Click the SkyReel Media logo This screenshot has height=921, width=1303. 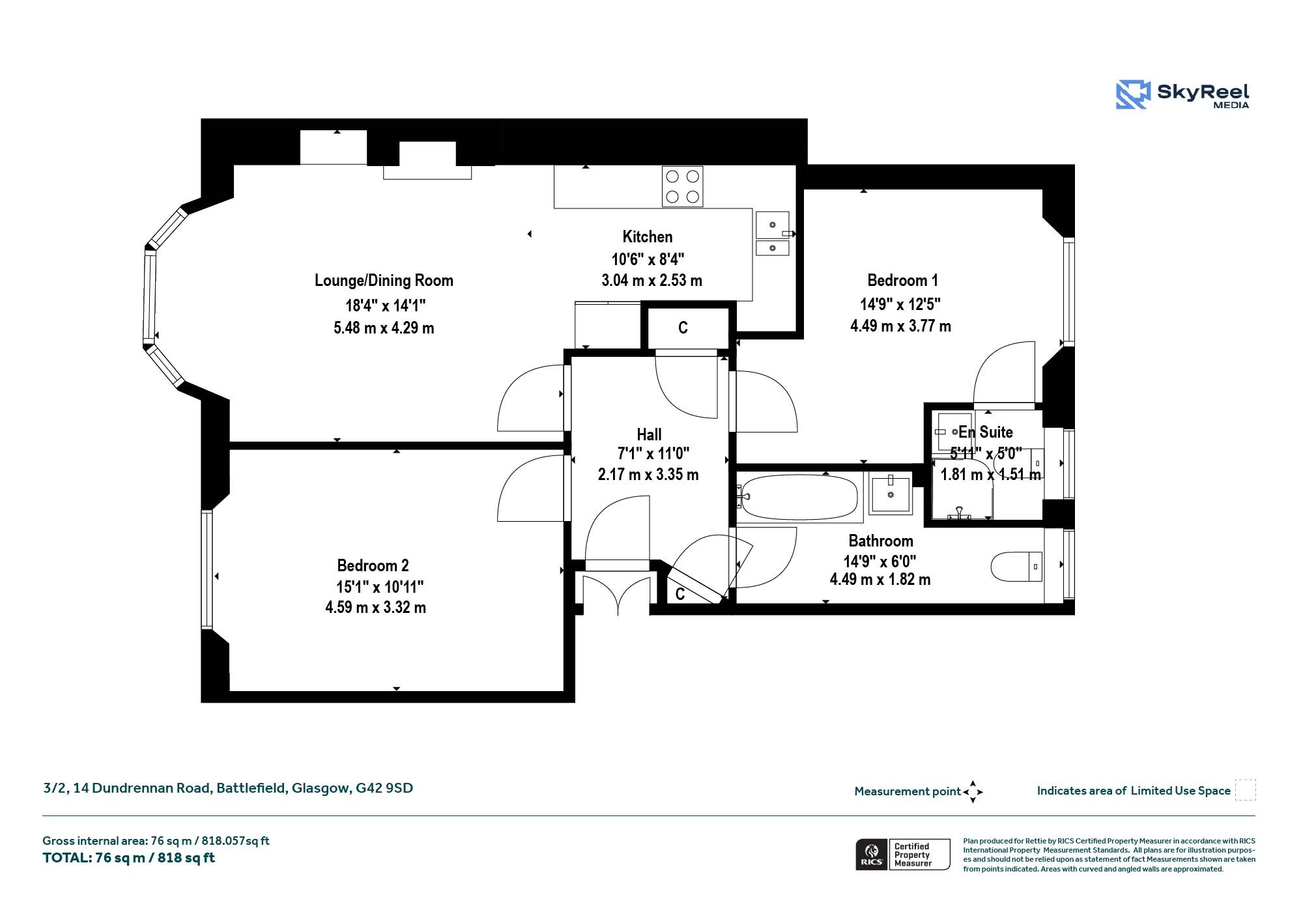1182,94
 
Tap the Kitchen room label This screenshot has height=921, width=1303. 648,236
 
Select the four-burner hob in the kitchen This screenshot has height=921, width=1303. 682,186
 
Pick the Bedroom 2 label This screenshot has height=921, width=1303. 373,565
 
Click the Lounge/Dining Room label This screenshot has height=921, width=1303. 384,280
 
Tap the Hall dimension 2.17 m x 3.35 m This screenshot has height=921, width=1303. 648,474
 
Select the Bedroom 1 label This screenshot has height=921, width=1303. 902,280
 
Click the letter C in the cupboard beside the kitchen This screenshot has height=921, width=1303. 683,328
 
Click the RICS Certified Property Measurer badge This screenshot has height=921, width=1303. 903,855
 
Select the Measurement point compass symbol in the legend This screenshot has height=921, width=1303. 973,792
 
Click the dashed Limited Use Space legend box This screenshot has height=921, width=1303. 1245,790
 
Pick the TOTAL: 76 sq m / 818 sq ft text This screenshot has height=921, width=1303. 128,858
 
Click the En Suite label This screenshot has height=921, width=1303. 986,432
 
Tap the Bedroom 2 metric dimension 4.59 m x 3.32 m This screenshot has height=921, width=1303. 375,608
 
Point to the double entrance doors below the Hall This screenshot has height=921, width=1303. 617,593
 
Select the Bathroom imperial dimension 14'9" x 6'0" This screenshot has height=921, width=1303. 880,561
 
